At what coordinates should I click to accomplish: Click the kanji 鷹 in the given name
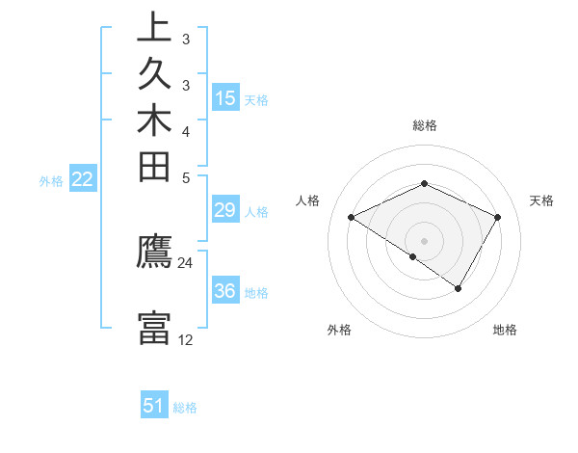154,253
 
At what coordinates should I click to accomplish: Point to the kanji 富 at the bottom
154,327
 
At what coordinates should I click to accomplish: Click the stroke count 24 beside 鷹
186,262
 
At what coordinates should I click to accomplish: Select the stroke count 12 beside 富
186,339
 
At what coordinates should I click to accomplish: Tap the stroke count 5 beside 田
186,177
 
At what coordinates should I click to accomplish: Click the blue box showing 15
225,98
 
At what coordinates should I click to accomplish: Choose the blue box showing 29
225,211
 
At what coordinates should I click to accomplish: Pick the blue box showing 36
225,291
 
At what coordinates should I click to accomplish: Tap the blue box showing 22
83,179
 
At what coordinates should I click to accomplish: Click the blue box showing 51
154,406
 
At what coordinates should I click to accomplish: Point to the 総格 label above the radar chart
425,125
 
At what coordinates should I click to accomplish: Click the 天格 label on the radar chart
541,200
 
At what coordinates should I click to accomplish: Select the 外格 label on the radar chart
338,330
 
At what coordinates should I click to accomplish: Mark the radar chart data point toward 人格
352,218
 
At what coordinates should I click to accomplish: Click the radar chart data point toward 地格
459,288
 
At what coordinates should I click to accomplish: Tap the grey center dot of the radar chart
425,240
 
